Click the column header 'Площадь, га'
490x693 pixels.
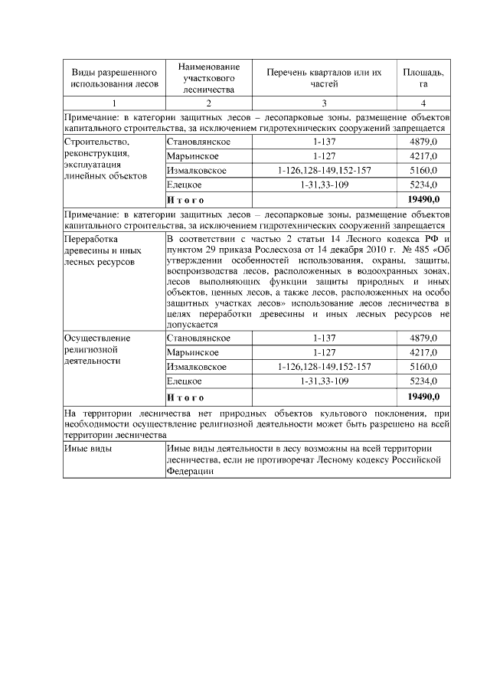pos(423,77)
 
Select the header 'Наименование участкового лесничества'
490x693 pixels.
pos(207,77)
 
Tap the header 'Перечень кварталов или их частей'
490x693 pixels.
pos(324,77)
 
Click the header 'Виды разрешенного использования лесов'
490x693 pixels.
pos(113,77)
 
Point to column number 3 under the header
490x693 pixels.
pos(324,103)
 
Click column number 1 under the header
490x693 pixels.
pos(113,103)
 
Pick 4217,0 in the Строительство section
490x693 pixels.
pos(423,156)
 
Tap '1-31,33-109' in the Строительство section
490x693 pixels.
pos(325,185)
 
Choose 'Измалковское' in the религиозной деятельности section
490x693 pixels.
pos(196,367)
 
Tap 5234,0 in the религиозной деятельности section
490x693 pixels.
pos(423,381)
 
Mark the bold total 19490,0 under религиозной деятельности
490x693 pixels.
pos(423,397)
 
